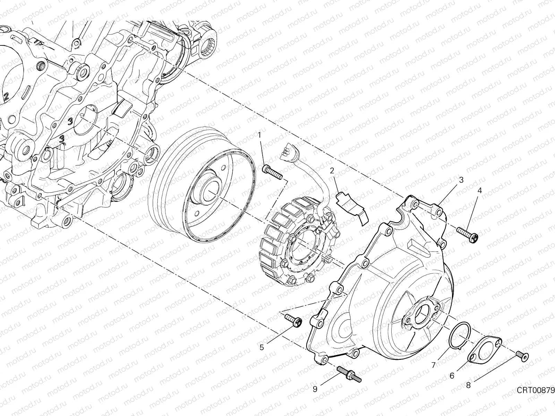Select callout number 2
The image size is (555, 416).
tap(332, 171)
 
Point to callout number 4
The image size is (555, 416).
tap(480, 190)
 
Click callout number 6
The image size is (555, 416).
tap(452, 375)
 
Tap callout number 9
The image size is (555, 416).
tap(315, 389)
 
